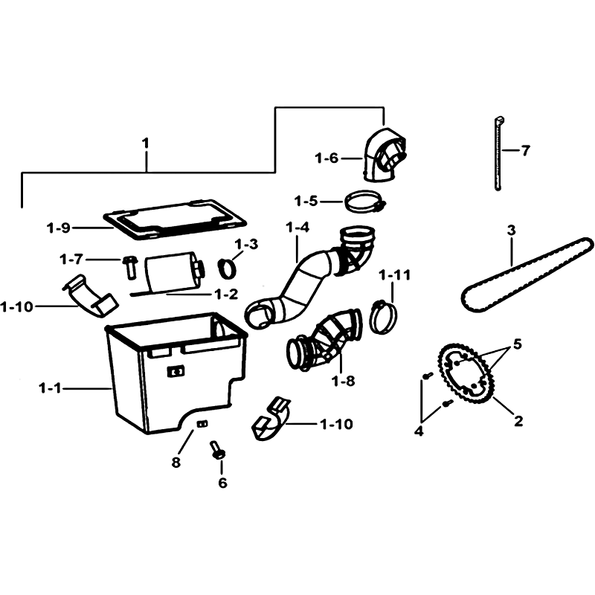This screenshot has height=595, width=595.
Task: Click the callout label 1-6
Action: coord(327,158)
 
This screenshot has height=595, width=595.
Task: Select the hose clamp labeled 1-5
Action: coord(365,202)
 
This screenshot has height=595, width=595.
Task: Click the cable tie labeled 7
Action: coord(498,153)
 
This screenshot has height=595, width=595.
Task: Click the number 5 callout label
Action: coord(518,344)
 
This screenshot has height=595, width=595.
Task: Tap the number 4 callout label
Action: coord(419,431)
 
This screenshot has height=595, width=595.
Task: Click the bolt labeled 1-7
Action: coord(129,267)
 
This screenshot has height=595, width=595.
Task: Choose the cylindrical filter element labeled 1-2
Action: coord(173,273)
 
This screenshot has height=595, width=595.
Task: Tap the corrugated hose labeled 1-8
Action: coord(324,341)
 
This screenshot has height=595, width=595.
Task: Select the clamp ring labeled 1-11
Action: coord(384,318)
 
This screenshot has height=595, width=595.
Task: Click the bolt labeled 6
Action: coord(217,451)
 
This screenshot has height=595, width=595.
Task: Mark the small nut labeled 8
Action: coord(202,423)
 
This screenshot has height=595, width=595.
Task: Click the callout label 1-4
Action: coord(297,228)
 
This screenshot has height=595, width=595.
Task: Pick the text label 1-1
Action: coord(50,388)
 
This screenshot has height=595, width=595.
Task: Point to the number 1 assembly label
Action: coord(145,144)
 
